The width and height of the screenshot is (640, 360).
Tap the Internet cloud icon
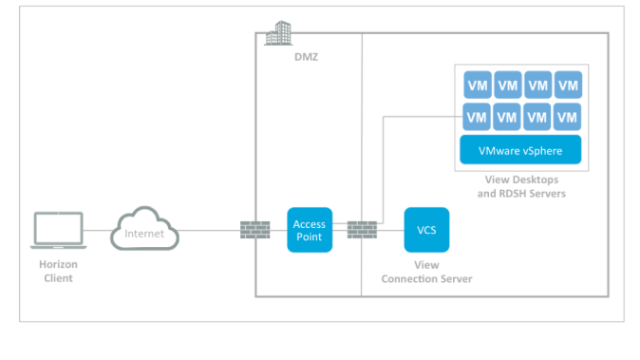coord(145,231)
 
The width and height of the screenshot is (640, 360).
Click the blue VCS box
coord(426,230)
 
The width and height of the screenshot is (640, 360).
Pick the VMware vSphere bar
coord(520,149)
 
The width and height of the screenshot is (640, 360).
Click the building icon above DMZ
coord(278,34)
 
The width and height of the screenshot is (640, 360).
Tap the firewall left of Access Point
coord(255,230)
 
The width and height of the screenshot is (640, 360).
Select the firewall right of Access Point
coord(362,230)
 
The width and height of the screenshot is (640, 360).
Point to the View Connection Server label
coord(426,272)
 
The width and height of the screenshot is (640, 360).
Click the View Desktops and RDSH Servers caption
coord(520,186)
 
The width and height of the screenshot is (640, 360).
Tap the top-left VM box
coord(477,85)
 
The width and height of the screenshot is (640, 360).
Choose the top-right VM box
coord(568,85)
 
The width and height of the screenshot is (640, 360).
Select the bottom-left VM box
coord(477,117)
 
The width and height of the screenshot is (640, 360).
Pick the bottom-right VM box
coord(568,117)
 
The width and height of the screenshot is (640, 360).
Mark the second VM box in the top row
coord(507,85)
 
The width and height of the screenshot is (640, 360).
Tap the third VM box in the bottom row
coord(537,117)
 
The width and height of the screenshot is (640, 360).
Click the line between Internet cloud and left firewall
coord(209,231)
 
